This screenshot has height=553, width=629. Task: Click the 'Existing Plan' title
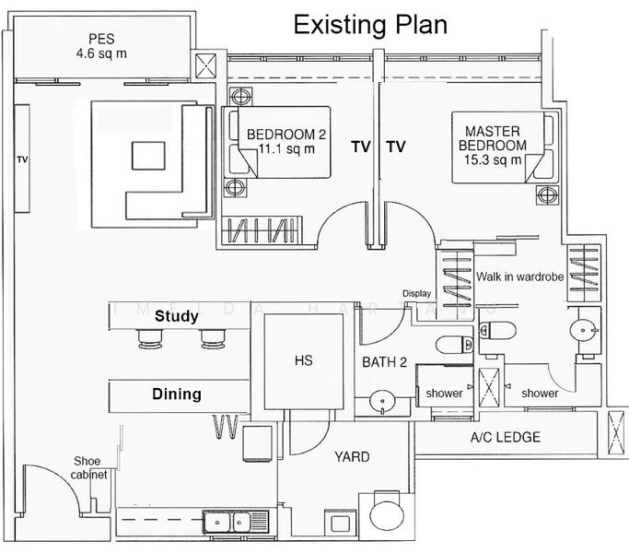pos(370,24)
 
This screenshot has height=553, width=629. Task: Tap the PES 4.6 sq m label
pos(108,46)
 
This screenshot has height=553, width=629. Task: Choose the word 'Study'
pos(176,316)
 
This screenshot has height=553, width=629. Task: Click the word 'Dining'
pos(176,394)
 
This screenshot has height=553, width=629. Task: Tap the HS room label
pos(304,360)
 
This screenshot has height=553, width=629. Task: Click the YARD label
pos(352,457)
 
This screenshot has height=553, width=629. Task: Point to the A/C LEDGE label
pos(505,437)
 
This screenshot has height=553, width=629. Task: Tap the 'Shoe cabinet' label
pos(90,468)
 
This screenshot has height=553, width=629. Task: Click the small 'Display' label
pos(416,294)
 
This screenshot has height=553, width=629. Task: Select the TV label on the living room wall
pos(22,159)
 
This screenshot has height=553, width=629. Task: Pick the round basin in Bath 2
pos(380,402)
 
